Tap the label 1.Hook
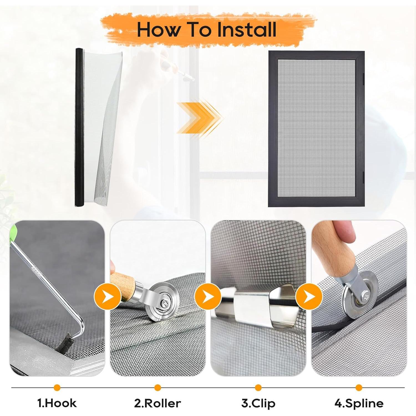coord(57,403)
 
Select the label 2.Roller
coord(158,403)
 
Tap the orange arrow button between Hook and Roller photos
coord(108,296)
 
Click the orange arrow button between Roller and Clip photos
coord(208,296)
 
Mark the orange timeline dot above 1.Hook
coord(57,387)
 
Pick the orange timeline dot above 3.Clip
coord(258,387)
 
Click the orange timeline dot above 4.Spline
coord(359,387)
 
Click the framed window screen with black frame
coord(316,129)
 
